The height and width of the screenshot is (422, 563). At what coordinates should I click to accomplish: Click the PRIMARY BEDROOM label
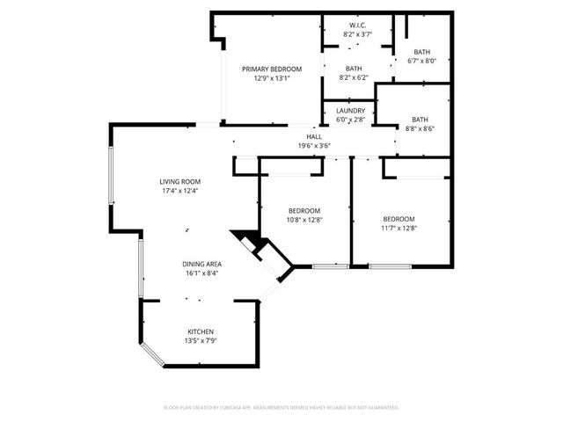point(272,69)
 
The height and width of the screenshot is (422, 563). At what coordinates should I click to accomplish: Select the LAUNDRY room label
point(349,111)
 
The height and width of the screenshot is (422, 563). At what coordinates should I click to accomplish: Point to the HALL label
point(313,136)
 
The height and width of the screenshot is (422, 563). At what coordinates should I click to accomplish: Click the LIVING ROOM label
point(180,182)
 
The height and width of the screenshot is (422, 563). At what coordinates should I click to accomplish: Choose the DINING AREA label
point(201,264)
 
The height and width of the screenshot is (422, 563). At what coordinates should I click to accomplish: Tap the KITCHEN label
point(200,331)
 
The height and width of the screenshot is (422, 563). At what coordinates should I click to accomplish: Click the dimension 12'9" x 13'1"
point(272,78)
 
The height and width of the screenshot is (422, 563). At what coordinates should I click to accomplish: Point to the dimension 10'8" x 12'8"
point(304,220)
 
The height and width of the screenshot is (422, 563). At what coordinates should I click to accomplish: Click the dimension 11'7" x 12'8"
point(398,228)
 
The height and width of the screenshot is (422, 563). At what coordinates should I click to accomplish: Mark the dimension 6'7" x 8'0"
point(421,61)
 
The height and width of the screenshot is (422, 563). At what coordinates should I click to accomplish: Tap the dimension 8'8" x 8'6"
point(420,128)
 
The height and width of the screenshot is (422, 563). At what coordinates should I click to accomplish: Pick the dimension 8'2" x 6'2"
point(353,77)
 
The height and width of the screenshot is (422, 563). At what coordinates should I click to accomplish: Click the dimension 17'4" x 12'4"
point(180,191)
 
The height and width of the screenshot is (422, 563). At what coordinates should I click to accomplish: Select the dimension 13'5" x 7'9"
point(200,340)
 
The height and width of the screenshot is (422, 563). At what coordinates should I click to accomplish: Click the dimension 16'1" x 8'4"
point(201,273)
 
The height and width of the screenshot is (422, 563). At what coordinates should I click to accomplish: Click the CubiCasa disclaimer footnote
point(281,407)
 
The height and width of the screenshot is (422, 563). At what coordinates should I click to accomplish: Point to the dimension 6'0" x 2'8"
point(349,120)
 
